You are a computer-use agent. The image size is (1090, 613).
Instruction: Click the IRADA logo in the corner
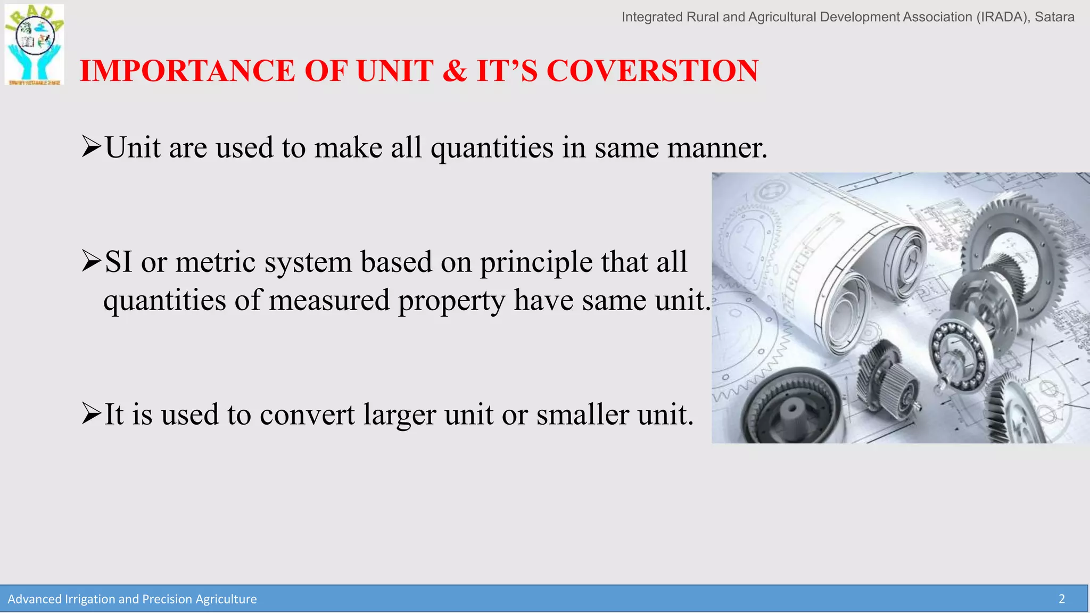click(34, 45)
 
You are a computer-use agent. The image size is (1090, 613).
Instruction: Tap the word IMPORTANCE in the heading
click(187, 71)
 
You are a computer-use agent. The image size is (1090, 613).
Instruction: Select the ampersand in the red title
click(455, 71)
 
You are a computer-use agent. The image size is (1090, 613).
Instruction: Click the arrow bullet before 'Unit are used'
click(91, 147)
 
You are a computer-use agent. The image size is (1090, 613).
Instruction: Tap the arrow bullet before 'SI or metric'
click(91, 262)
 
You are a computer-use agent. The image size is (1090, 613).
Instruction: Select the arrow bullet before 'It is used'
click(91, 414)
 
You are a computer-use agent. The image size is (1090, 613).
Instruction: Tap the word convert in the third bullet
click(307, 415)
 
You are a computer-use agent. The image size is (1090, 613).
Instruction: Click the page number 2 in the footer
click(1061, 599)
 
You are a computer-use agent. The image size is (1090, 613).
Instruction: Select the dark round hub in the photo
click(792, 410)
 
